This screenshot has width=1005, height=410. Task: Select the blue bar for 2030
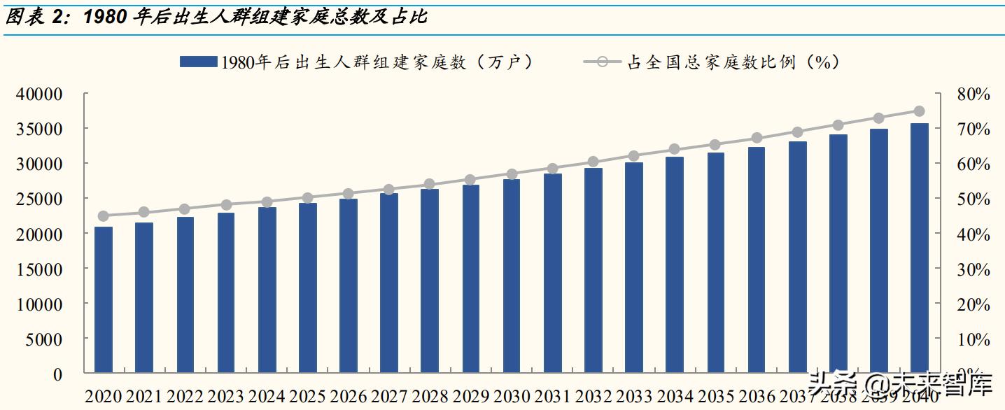(512, 276)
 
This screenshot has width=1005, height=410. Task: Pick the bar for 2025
(308, 288)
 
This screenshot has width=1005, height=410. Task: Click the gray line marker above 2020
(104, 216)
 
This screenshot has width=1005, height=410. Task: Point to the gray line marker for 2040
(920, 111)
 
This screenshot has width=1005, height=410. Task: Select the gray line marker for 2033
(634, 156)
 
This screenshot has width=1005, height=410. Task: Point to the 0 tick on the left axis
(57, 374)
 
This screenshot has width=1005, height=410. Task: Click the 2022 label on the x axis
(185, 397)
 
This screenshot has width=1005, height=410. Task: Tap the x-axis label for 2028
(430, 397)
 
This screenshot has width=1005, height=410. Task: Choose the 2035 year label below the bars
(715, 397)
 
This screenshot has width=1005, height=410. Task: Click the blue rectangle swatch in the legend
(198, 62)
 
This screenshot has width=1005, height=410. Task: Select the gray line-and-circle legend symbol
(603, 62)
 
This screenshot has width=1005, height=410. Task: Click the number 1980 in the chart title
(106, 17)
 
